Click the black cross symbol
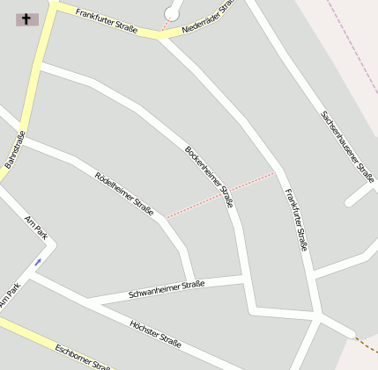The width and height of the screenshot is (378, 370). pyautogui.click(x=26, y=18)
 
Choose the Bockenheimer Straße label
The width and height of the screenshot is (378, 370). pyautogui.click(x=209, y=176)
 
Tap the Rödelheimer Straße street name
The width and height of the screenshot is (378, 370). pyautogui.click(x=123, y=192)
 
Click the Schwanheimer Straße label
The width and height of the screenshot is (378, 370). pyautogui.click(x=166, y=288)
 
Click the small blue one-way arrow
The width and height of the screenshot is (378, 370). pyautogui.click(x=38, y=262)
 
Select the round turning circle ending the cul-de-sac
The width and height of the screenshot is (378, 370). pyautogui.click(x=172, y=11)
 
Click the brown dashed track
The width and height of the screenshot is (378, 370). pyautogui.click(x=365, y=343)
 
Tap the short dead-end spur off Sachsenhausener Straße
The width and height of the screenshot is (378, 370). pyautogui.click(x=359, y=194)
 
